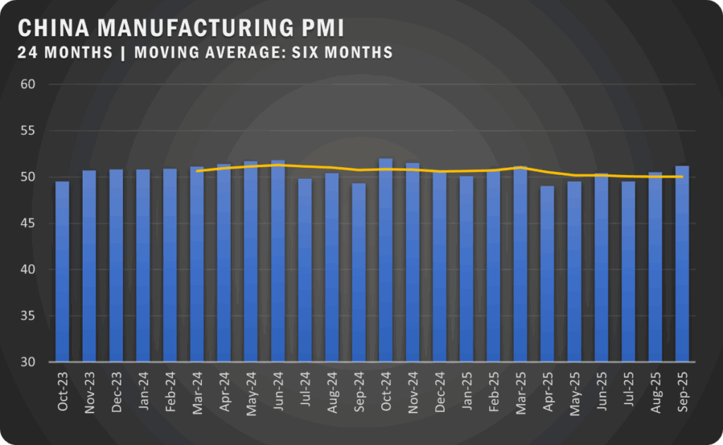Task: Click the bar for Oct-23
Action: tap(62, 272)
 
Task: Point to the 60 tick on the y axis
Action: tap(36, 85)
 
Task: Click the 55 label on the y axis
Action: tap(36, 131)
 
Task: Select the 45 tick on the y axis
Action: tap(36, 224)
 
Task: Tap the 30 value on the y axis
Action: tap(36, 362)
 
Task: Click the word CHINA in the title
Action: tap(54, 28)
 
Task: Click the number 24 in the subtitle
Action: tap(25, 52)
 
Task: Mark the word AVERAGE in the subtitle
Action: tap(249, 52)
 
